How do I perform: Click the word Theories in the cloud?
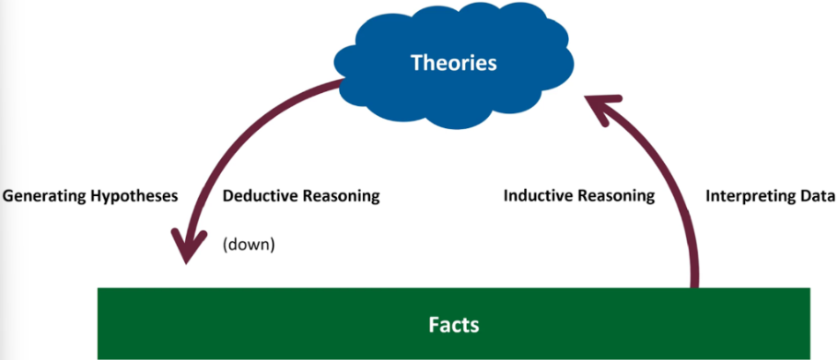pos(453,63)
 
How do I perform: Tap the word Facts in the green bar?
pos(454,324)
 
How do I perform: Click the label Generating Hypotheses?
pos(89,196)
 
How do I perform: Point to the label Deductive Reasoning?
pos(301,196)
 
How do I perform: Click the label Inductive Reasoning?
pos(579,196)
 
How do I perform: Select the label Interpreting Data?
pos(770,196)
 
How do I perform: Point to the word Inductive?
pos(537,196)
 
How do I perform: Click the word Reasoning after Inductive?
pos(617,196)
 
